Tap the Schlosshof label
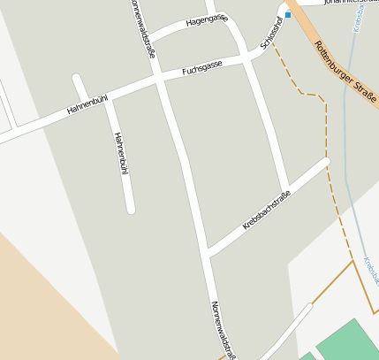pos(272,32)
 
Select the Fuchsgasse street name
pos(201,66)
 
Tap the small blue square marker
pos(288,15)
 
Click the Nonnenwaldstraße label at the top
pos(142,28)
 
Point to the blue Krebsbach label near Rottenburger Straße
pos(359,19)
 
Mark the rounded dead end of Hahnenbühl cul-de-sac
pos(130,210)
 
